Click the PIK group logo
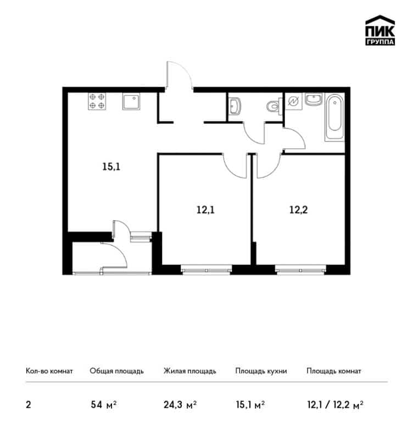380,30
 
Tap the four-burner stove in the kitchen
97,101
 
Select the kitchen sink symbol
131,102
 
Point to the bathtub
334,117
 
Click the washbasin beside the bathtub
314,99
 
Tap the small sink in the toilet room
235,106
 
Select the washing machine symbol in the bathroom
294,102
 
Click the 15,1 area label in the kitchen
111,167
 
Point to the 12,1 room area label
205,210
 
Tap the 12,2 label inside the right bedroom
298,210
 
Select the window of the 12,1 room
206,271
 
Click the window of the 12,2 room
300,271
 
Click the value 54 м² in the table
104,405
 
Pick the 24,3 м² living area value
180,405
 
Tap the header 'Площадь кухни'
261,371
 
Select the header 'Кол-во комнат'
49,371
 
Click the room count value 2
29,405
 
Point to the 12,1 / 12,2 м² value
335,405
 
